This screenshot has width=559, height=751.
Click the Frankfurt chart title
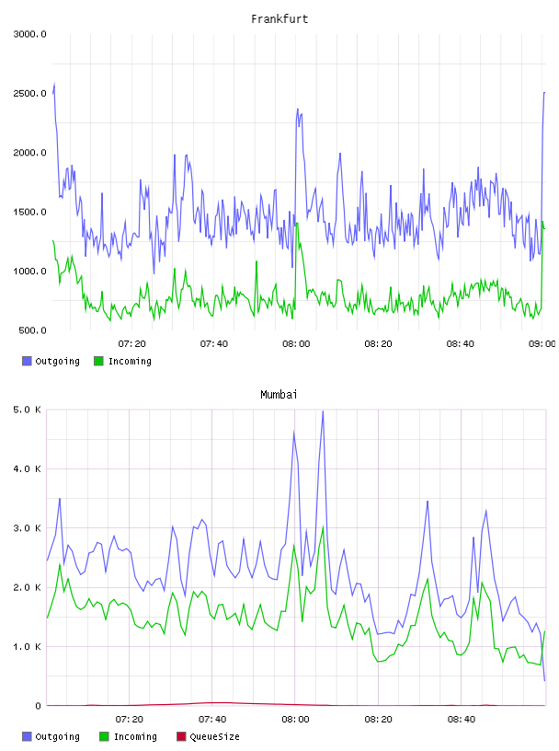(279, 19)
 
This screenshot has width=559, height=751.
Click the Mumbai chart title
(279, 395)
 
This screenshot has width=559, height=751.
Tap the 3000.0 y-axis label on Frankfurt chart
(29, 34)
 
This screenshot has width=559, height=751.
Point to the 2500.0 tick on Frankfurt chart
(29, 93)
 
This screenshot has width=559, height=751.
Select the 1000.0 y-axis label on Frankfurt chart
(29, 272)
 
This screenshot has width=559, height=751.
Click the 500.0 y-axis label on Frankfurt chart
(32, 330)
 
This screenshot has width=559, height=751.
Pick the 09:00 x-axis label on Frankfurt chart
(542, 344)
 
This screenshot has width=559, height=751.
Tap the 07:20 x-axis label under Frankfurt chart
(132, 344)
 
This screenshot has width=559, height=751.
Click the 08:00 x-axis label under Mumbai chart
(295, 720)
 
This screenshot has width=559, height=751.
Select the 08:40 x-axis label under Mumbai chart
(462, 720)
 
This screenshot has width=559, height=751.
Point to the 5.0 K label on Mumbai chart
(27, 410)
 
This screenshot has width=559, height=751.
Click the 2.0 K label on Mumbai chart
(27, 588)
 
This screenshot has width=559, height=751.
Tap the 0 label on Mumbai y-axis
(39, 706)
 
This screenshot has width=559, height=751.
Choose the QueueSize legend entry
(208, 736)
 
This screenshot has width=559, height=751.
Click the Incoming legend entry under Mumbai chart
(129, 736)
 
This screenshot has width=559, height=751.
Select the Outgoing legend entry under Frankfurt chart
(51, 361)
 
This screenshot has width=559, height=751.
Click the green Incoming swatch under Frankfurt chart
(98, 361)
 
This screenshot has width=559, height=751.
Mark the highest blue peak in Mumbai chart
(323, 411)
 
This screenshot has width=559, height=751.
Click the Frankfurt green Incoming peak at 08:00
(297, 224)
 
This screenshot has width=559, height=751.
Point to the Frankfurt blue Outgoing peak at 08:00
(298, 110)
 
